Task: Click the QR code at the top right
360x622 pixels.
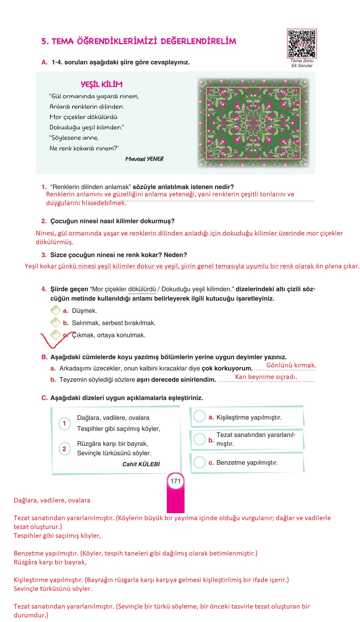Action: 302,44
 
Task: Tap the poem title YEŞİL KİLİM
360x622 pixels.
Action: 102,84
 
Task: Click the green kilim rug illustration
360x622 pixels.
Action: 253,123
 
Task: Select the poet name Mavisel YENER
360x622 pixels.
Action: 144,159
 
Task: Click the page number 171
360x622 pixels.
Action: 175,481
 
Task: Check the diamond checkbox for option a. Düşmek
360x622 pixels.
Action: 56,310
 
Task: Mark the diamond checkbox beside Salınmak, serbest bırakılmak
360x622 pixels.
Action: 56,323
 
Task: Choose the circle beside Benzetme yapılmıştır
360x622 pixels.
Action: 200,462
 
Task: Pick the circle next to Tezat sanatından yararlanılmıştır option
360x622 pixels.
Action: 200,439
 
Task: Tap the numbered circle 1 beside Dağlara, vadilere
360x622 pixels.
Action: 64,423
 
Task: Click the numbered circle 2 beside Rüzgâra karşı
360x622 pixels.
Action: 64,449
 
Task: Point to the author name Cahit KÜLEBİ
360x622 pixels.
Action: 141,464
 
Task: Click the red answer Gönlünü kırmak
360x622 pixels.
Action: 291,365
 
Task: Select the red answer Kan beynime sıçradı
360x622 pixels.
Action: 266,377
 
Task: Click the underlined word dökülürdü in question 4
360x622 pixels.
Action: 142,289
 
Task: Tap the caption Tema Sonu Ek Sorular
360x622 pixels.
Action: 302,63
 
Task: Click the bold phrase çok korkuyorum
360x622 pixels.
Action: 227,368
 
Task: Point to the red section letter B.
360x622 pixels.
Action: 44,357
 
